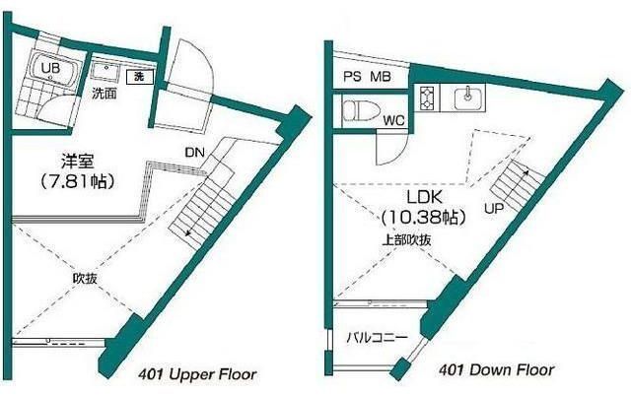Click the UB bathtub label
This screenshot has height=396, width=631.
click(51, 68)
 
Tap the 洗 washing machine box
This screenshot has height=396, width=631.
click(140, 77)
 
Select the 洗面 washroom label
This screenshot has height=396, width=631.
click(105, 94)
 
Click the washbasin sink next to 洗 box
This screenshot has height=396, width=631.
click(106, 72)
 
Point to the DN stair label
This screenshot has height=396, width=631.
click(195, 153)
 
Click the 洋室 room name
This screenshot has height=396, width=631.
click(78, 162)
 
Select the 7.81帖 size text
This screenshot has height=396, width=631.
click(78, 181)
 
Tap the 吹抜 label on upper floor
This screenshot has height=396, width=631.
click(85, 278)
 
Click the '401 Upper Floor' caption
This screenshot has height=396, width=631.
click(197, 374)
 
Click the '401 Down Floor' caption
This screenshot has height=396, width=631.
click(497, 369)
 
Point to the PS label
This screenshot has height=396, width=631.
click(352, 77)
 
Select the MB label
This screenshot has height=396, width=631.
click(381, 77)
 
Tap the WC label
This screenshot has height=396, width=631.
click(393, 120)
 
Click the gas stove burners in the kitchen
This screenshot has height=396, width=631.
click(425, 99)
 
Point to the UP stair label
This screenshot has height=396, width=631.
click(494, 209)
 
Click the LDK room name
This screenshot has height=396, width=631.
click(425, 197)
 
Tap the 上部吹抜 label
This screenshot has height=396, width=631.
click(406, 240)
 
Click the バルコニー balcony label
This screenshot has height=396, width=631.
click(378, 337)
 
